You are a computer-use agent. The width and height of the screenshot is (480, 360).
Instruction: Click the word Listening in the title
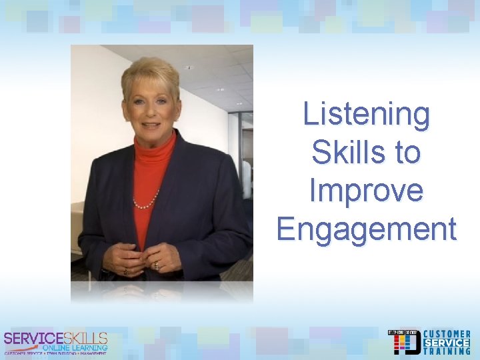367,114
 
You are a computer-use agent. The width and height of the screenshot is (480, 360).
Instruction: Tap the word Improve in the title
366,191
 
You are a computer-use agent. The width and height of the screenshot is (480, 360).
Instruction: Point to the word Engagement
367,229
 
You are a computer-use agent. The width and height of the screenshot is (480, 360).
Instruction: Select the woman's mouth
152,124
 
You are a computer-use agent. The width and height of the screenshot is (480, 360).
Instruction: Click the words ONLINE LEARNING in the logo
74,347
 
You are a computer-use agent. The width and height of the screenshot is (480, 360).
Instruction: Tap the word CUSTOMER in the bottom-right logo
447,334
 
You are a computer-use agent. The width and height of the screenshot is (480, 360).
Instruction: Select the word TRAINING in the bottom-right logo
447,351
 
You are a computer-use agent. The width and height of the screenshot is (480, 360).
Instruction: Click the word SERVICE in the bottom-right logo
447,343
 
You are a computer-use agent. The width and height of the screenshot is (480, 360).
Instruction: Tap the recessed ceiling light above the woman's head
189,67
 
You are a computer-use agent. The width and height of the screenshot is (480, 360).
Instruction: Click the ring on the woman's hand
157,265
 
